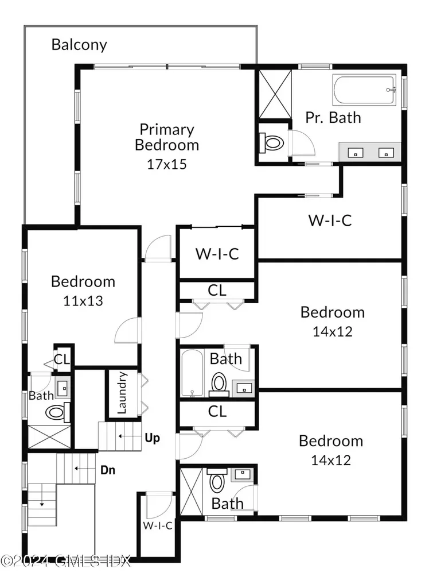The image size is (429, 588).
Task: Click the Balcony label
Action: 79,45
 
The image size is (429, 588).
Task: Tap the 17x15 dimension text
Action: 167,164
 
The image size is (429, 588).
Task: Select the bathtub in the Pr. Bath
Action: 364,91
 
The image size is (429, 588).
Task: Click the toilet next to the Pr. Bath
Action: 271,142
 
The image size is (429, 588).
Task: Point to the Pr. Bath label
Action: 333,117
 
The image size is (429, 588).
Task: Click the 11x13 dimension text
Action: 83,301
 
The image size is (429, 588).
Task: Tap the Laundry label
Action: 122,393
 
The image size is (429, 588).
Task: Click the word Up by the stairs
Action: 152,438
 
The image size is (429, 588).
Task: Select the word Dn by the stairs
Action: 108,470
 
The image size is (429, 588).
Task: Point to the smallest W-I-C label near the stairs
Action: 158,525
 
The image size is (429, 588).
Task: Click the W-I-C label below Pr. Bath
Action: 330,220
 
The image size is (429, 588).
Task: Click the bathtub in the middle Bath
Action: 192,373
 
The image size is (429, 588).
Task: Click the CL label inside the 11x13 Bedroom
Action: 62,359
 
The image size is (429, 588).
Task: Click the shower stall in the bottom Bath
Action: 192,492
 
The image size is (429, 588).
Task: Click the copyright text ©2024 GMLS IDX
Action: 65,561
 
